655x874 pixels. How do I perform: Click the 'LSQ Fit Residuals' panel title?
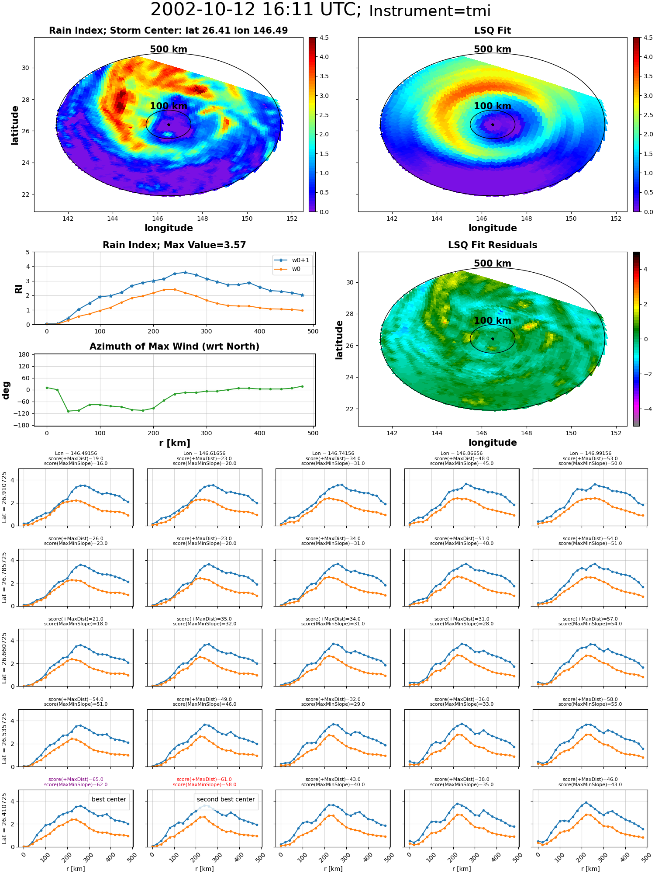click(493, 245)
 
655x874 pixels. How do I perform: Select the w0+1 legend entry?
click(293, 260)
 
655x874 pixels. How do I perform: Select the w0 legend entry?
click(288, 269)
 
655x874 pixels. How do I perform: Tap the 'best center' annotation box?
click(109, 800)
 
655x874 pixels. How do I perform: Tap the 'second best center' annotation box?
click(226, 800)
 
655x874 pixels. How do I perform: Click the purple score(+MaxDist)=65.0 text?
click(76, 780)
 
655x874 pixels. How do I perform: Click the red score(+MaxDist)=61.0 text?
click(204, 780)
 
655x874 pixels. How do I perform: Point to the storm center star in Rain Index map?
click(169, 125)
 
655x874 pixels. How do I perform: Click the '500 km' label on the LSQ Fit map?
click(493, 49)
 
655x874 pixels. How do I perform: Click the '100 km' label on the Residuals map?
click(493, 321)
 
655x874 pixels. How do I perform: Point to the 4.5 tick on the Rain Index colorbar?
click(324, 38)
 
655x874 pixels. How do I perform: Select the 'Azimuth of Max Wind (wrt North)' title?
click(175, 347)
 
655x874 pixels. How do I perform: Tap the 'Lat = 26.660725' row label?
click(4, 658)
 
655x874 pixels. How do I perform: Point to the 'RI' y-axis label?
click(19, 289)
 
